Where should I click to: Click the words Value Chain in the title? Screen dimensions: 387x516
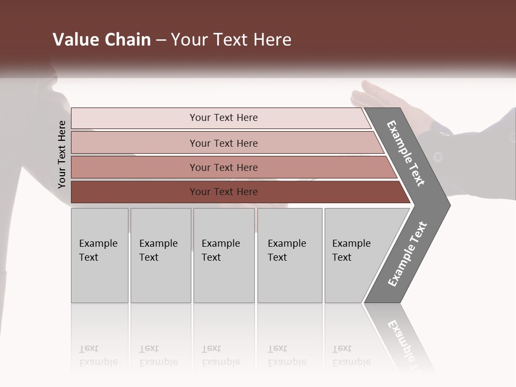(102, 40)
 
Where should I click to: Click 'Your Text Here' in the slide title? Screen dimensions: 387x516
(231, 40)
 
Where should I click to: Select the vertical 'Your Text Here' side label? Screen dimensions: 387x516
(62, 154)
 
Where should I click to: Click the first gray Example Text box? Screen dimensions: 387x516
(99, 255)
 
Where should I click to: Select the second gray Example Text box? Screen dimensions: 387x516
(160, 255)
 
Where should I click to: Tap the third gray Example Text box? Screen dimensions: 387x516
(224, 255)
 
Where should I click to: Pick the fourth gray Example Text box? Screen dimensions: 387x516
(290, 255)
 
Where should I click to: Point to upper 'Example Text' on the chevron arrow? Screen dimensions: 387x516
(406, 153)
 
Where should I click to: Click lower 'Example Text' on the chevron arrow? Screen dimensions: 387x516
(407, 254)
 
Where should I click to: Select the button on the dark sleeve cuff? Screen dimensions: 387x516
(438, 157)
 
